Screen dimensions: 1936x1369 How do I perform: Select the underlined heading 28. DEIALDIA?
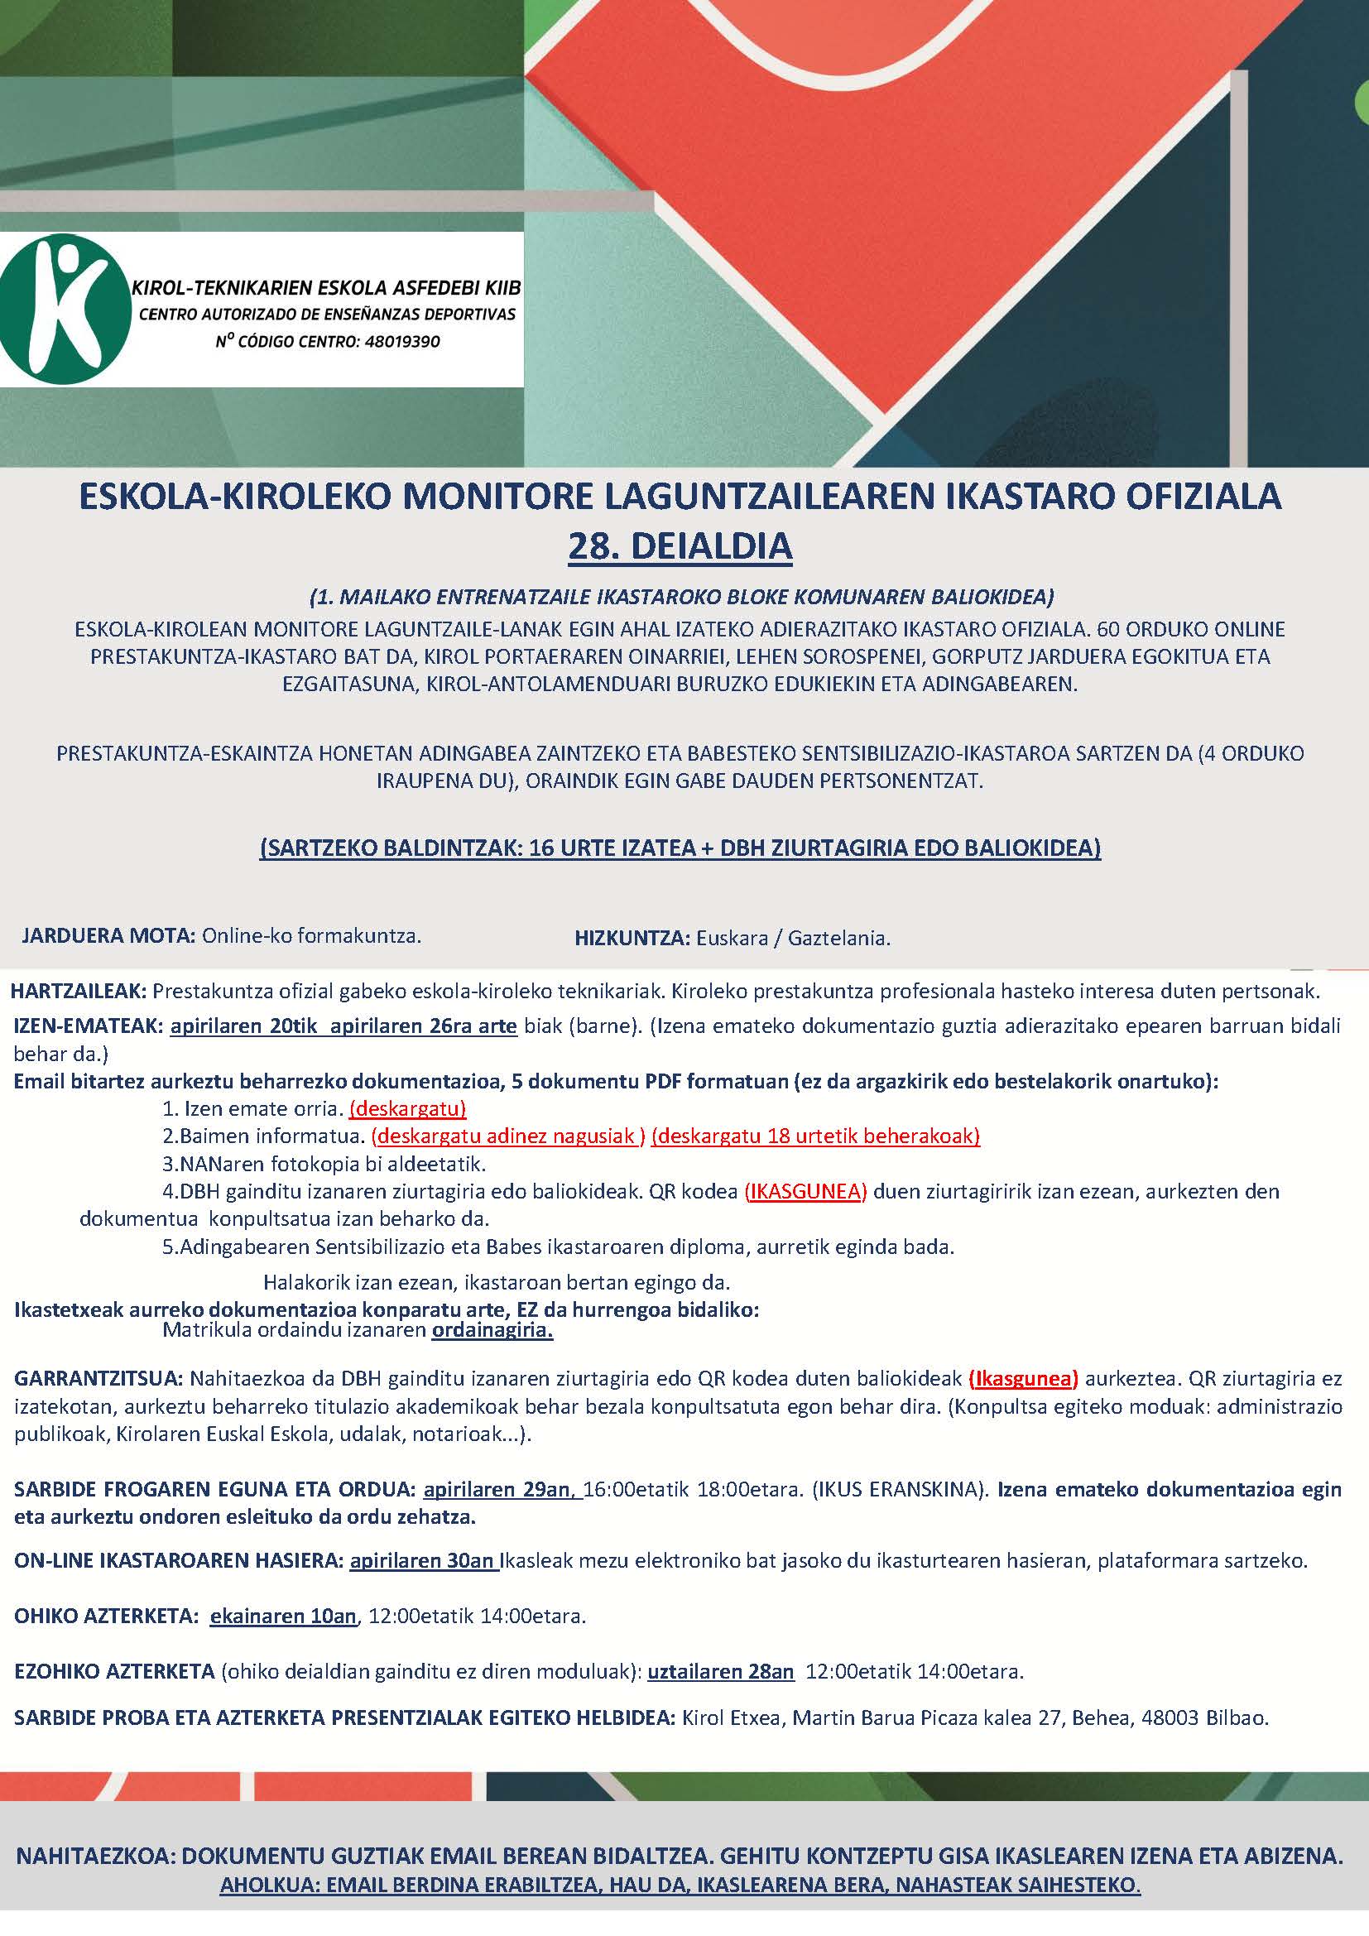pos(680,545)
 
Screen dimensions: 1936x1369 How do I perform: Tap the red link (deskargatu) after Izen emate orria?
pos(407,1108)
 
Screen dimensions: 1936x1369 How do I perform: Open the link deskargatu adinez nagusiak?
pos(508,1136)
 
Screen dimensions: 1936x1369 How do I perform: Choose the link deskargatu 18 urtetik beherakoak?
pos(815,1136)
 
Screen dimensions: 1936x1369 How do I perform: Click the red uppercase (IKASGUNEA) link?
pos(805,1191)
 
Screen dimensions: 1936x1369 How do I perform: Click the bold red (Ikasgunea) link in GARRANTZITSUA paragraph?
pos(1023,1379)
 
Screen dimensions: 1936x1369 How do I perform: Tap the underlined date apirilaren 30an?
pos(423,1560)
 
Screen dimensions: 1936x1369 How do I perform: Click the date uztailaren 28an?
pos(721,1671)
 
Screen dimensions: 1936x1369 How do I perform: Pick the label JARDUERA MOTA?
pos(108,935)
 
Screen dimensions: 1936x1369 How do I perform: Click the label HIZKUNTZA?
pos(632,938)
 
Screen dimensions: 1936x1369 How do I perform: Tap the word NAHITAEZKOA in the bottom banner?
pos(94,1856)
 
